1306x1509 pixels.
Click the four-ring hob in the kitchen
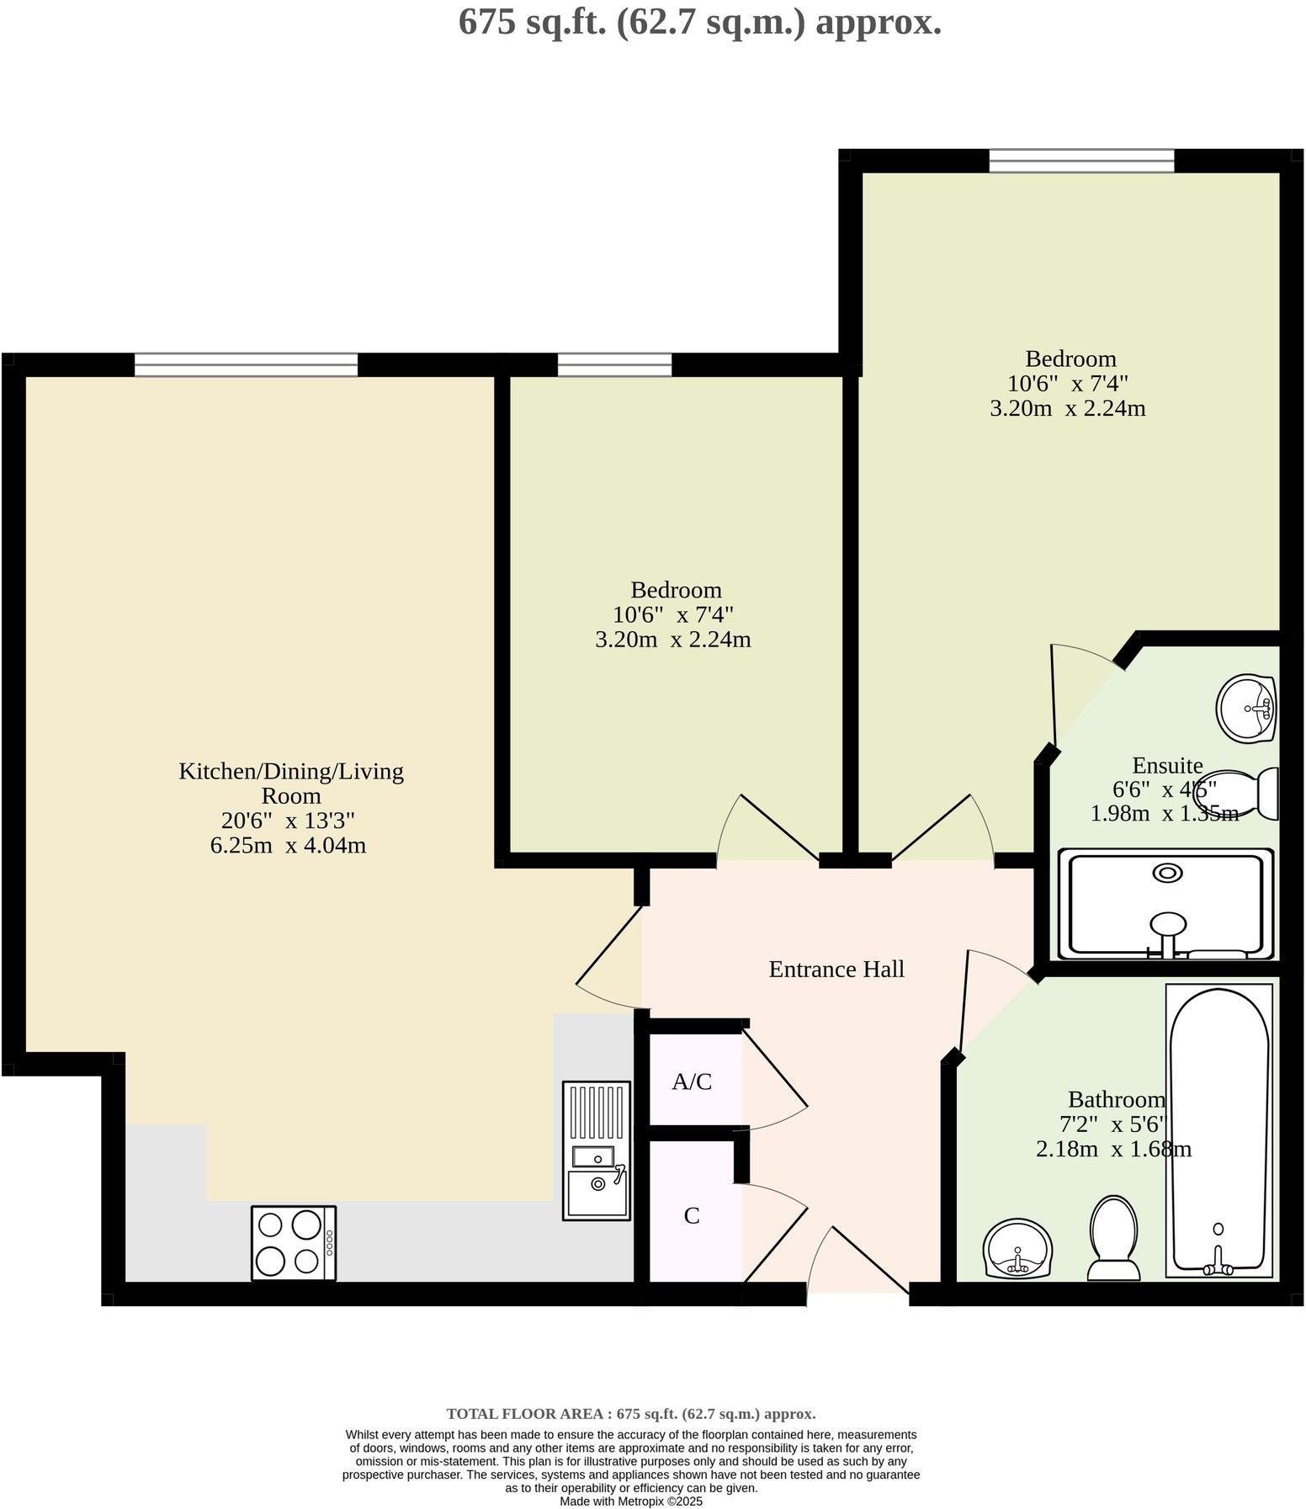[293, 1243]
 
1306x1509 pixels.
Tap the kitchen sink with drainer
[596, 1150]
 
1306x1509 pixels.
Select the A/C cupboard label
[692, 1081]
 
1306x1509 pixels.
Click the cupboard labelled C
[692, 1215]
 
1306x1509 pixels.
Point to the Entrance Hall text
[836, 970]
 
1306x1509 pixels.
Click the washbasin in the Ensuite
[1246, 709]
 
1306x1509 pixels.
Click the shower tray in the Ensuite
[1165, 904]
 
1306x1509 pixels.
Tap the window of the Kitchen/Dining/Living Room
[246, 364]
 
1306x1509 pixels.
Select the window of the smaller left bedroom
[614, 364]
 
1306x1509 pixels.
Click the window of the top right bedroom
[1080, 160]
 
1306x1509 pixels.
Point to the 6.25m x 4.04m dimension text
[288, 845]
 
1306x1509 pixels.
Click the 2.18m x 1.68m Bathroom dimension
[1112, 1149]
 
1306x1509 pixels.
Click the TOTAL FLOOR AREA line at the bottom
[631, 1414]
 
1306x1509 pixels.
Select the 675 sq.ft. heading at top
[699, 22]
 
